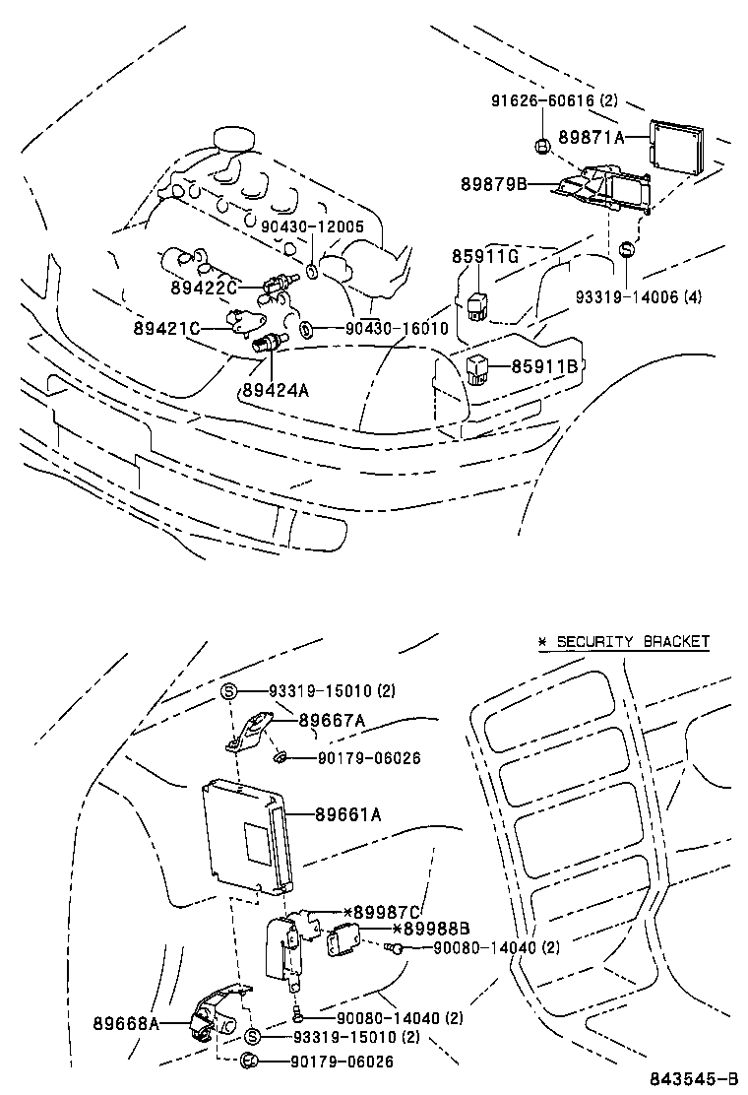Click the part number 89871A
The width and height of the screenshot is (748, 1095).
592,138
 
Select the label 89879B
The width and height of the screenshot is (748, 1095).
494,184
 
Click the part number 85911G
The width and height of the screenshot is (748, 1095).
485,258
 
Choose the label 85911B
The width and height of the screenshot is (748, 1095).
543,367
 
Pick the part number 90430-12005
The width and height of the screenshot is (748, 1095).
313,225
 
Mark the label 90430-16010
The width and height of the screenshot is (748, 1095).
397,328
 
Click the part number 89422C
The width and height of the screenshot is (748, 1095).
204,288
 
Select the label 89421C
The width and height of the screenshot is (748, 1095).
167,328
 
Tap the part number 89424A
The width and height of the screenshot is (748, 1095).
276,390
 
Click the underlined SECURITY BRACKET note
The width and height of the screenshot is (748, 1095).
623,641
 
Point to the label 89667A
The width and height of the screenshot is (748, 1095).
332,721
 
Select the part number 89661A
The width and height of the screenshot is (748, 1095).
348,814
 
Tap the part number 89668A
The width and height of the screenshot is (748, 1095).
127,1023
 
